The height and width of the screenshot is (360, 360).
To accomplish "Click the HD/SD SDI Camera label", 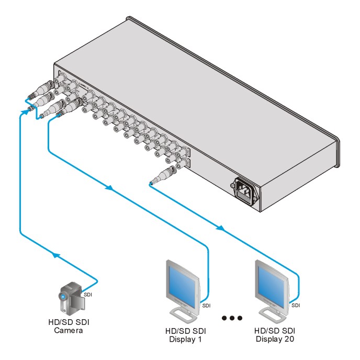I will tap(69, 327).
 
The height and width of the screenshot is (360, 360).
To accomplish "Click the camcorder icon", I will tap(71, 296).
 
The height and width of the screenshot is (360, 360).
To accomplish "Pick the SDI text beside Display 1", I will tap(206, 305).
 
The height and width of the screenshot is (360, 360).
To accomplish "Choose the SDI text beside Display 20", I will tap(296, 305).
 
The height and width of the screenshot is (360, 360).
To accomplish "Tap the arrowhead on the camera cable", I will tap(54, 256).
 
